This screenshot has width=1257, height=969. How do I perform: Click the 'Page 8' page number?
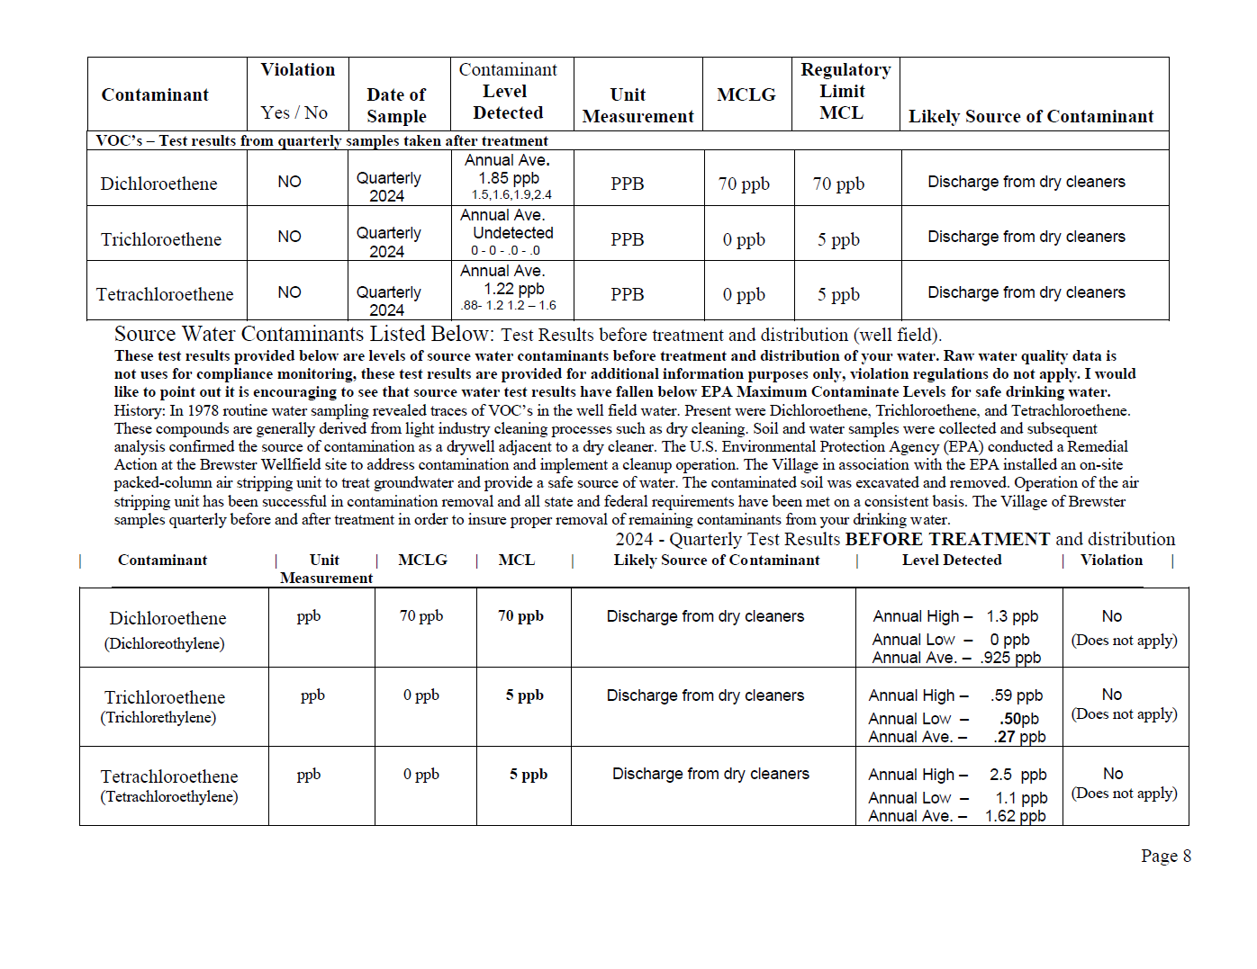(x=1165, y=856)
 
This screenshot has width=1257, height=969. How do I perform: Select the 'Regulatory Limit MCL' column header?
(x=845, y=92)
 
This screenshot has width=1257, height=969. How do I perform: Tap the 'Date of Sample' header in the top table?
(x=396, y=105)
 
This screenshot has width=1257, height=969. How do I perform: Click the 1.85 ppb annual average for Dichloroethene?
(x=509, y=178)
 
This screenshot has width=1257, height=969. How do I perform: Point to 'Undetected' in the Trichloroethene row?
(x=512, y=233)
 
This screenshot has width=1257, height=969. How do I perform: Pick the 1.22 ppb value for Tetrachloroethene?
(x=513, y=289)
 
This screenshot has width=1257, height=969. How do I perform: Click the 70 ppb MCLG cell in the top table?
(x=744, y=184)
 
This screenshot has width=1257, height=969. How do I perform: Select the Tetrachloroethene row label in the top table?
(x=165, y=294)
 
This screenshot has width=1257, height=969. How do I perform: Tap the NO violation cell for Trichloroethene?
(x=289, y=237)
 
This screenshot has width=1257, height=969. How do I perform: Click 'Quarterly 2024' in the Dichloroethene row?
(x=388, y=187)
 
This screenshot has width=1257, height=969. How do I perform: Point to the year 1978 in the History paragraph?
(x=203, y=410)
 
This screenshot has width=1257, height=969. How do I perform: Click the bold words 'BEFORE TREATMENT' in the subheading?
(x=947, y=539)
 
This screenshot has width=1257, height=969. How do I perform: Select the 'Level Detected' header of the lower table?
(x=951, y=560)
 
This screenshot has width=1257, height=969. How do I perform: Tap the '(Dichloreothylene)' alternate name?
(x=165, y=643)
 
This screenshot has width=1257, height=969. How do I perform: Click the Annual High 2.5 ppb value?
(x=1017, y=775)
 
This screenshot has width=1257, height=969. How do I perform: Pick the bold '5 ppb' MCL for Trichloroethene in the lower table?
(x=524, y=695)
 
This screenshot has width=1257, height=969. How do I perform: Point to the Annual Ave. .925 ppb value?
(x=1010, y=658)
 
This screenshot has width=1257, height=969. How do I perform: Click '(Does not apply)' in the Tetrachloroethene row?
(x=1124, y=793)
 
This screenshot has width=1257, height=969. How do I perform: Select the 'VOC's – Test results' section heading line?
(x=321, y=140)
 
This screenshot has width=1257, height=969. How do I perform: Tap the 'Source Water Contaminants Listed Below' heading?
(x=303, y=334)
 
